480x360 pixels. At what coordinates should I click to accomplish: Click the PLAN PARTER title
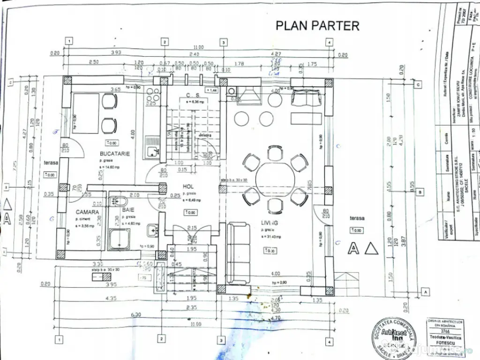pyautogui.click(x=317, y=25)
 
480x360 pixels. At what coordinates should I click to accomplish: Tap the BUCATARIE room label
pyautogui.click(x=114, y=154)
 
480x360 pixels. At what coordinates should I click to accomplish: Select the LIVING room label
pyautogui.click(x=269, y=223)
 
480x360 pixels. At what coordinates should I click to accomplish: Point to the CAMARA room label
pyautogui.click(x=88, y=212)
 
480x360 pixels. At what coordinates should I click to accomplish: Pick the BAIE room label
pyautogui.click(x=128, y=210)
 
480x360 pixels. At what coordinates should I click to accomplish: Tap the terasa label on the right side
pyautogui.click(x=356, y=218)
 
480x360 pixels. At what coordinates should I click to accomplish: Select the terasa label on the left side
pyautogui.click(x=50, y=163)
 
